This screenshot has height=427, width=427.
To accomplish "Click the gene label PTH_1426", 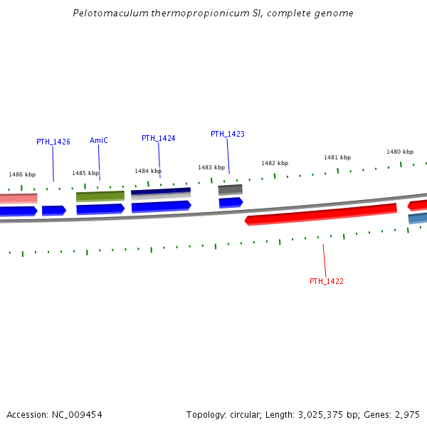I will coord(53,142).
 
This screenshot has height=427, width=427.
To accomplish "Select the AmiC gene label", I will coord(99,140).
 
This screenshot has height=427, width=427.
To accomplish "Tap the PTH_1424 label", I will coord(158,138).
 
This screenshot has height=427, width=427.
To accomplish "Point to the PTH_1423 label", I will coord(227,134).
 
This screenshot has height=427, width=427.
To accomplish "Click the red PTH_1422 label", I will coord(326,281).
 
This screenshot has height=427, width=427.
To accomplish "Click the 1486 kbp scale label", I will coord(22,174).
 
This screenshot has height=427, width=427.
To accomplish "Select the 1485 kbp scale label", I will coord(85,173).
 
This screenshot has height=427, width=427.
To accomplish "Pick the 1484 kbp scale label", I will coord(148,171).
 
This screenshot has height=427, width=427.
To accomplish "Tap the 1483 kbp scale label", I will coord(211,167).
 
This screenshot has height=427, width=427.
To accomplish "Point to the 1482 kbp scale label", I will coord(274,163).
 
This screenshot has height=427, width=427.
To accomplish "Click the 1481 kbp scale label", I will coord(337,157).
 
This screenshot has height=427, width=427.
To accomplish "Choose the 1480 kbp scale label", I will coord(400,152).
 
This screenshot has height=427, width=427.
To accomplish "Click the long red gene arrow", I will coord(320,213).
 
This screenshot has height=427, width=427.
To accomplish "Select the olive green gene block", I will coord(100,196).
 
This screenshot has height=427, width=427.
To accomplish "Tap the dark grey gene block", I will coord(230,189).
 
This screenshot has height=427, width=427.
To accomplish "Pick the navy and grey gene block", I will coord(161,193).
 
